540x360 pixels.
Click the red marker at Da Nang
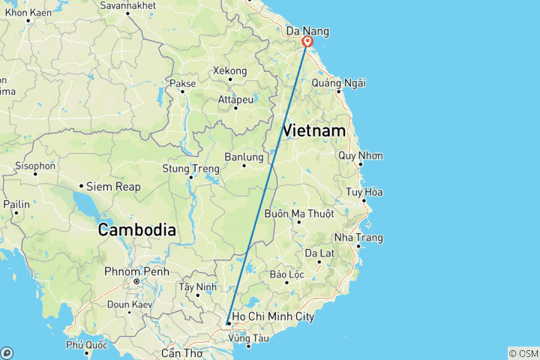[307, 41]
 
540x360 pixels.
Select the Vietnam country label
[314, 130]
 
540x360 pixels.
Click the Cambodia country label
[137, 230]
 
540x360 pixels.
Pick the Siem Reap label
[113, 186]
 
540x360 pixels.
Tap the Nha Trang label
[358, 238]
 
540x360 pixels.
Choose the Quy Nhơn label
[361, 156]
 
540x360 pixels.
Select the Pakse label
[183, 83]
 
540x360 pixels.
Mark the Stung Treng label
[190, 168]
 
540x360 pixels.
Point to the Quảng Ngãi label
[338, 82]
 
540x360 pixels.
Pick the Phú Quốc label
[82, 345]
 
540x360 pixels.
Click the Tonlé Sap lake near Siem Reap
[82, 202]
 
